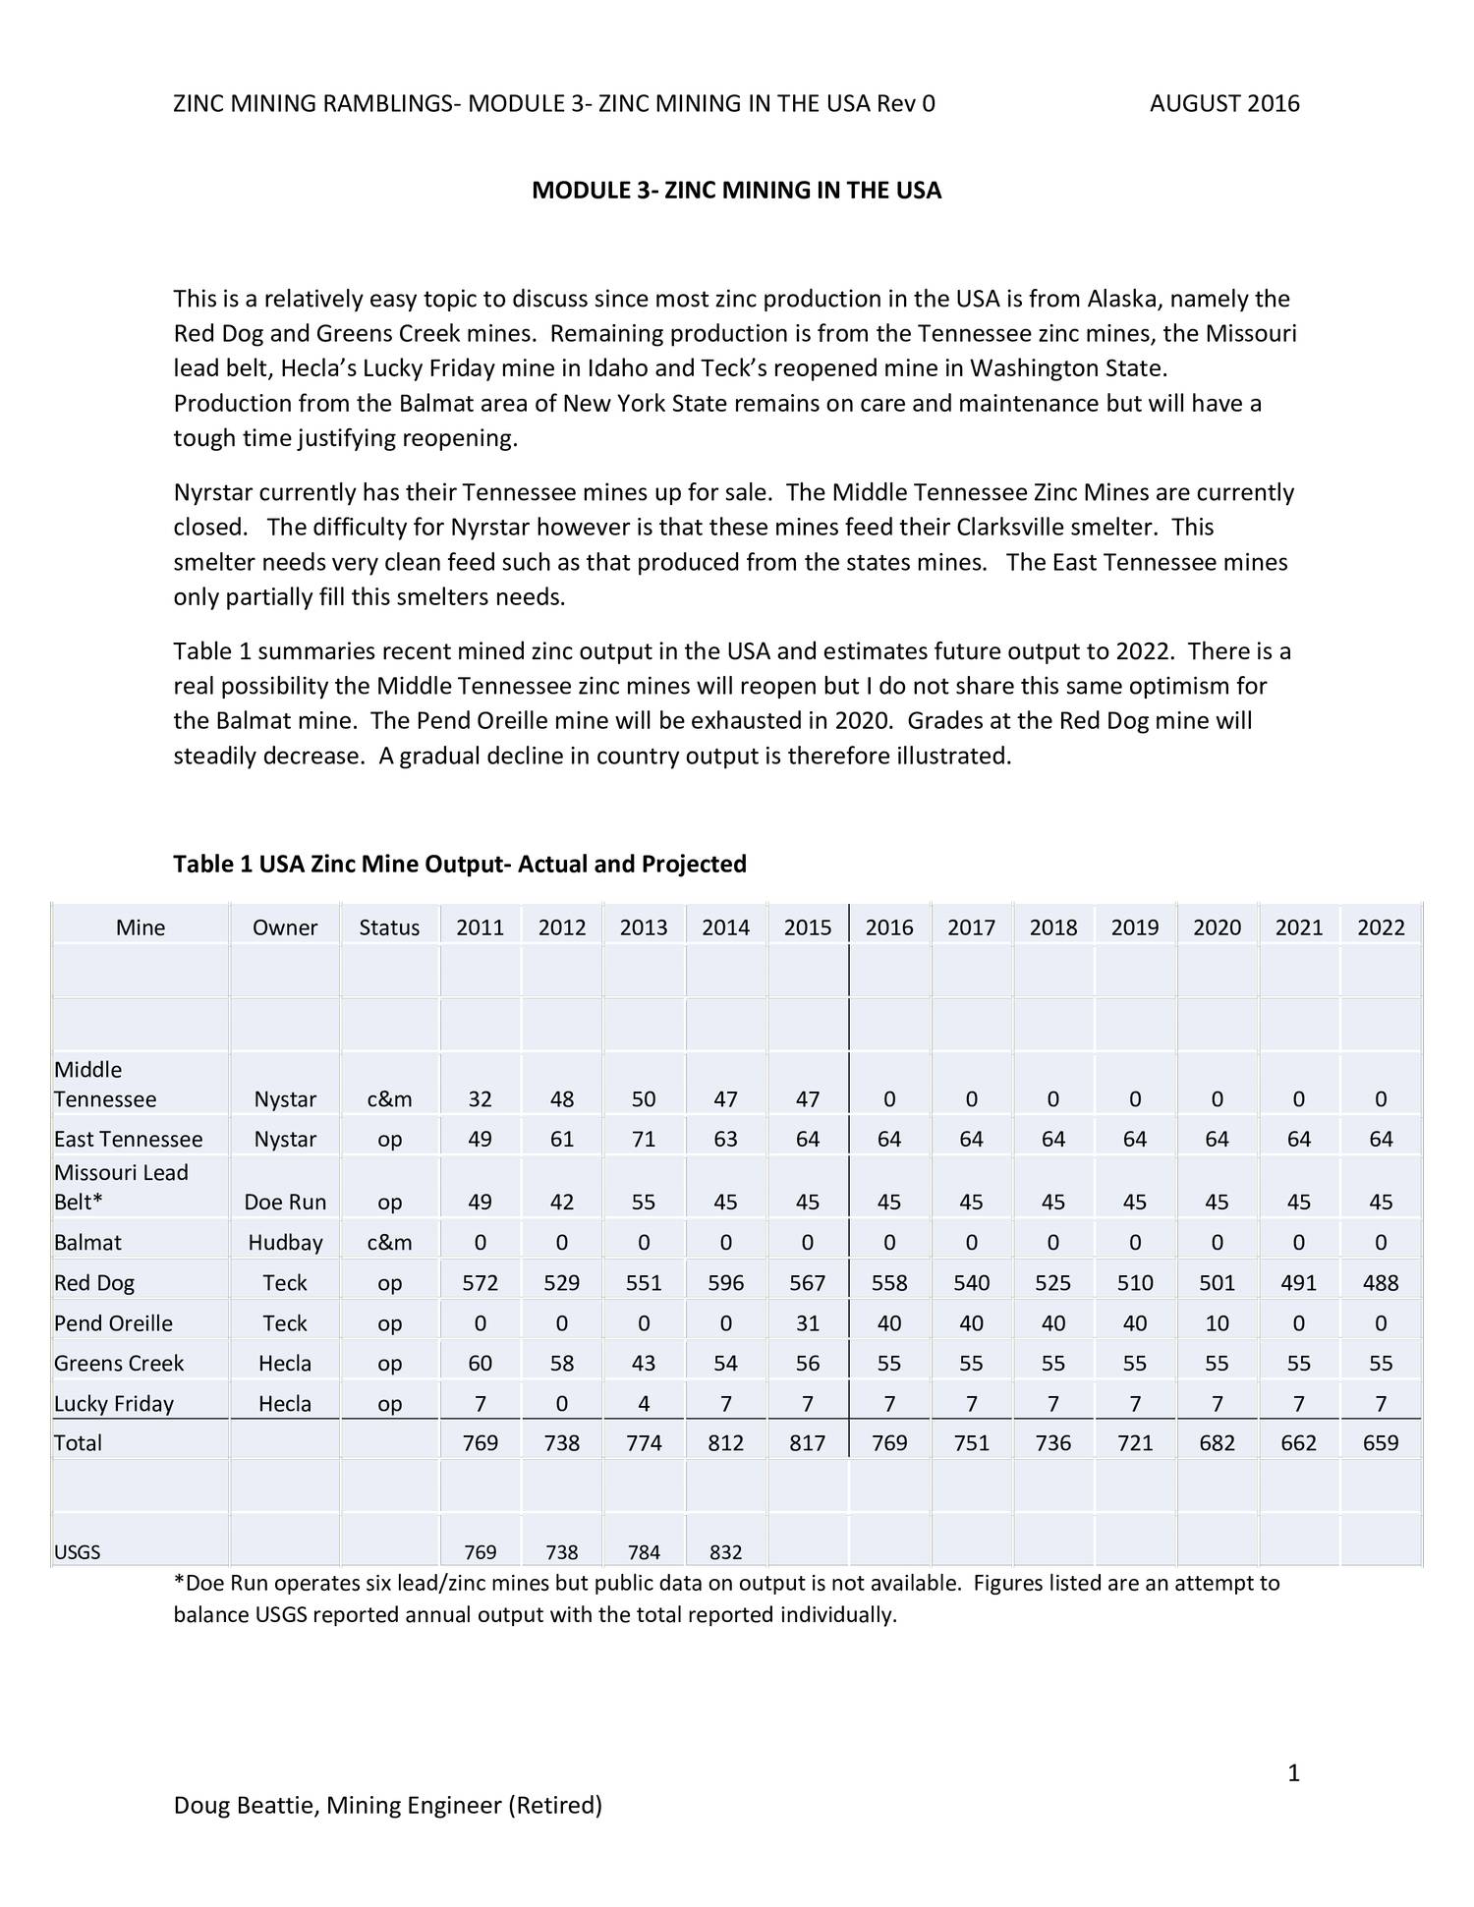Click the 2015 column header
coord(807,927)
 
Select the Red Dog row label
coord(94,1282)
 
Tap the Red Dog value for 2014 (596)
coord(725,1282)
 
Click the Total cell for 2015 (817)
coord(807,1442)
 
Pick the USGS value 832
coord(725,1552)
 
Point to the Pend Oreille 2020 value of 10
coord(1217,1322)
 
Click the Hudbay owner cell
coord(285,1242)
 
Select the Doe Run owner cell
coord(285,1202)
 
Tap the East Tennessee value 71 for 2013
coord(644,1139)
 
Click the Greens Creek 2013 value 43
coord(644,1363)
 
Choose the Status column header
coord(389,927)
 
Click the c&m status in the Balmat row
coord(389,1242)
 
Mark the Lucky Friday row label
coord(114,1403)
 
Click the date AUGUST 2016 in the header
coord(1224,103)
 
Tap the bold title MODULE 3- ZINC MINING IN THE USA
coord(736,190)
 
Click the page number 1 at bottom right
coord(1293,1772)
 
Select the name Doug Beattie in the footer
coord(245,1805)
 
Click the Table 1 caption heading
coord(460,864)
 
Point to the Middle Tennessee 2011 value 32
coord(480,1098)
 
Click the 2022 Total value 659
coord(1381,1442)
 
